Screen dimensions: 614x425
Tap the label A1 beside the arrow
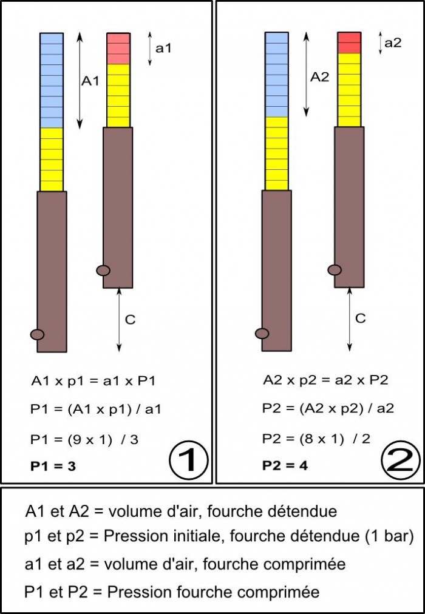click(90, 81)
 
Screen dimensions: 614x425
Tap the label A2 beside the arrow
click(319, 77)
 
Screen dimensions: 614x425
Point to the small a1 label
click(163, 47)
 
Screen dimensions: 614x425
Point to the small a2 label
click(393, 42)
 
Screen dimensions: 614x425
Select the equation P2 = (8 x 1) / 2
click(316, 438)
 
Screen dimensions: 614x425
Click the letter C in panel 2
click(360, 318)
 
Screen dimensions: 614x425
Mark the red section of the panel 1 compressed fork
click(118, 49)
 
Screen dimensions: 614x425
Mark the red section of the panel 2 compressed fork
click(349, 43)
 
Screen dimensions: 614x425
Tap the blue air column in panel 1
click(52, 80)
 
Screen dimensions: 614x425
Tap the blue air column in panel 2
click(277, 74)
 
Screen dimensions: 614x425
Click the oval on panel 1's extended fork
click(37, 334)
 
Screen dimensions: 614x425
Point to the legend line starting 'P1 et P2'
click(172, 591)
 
